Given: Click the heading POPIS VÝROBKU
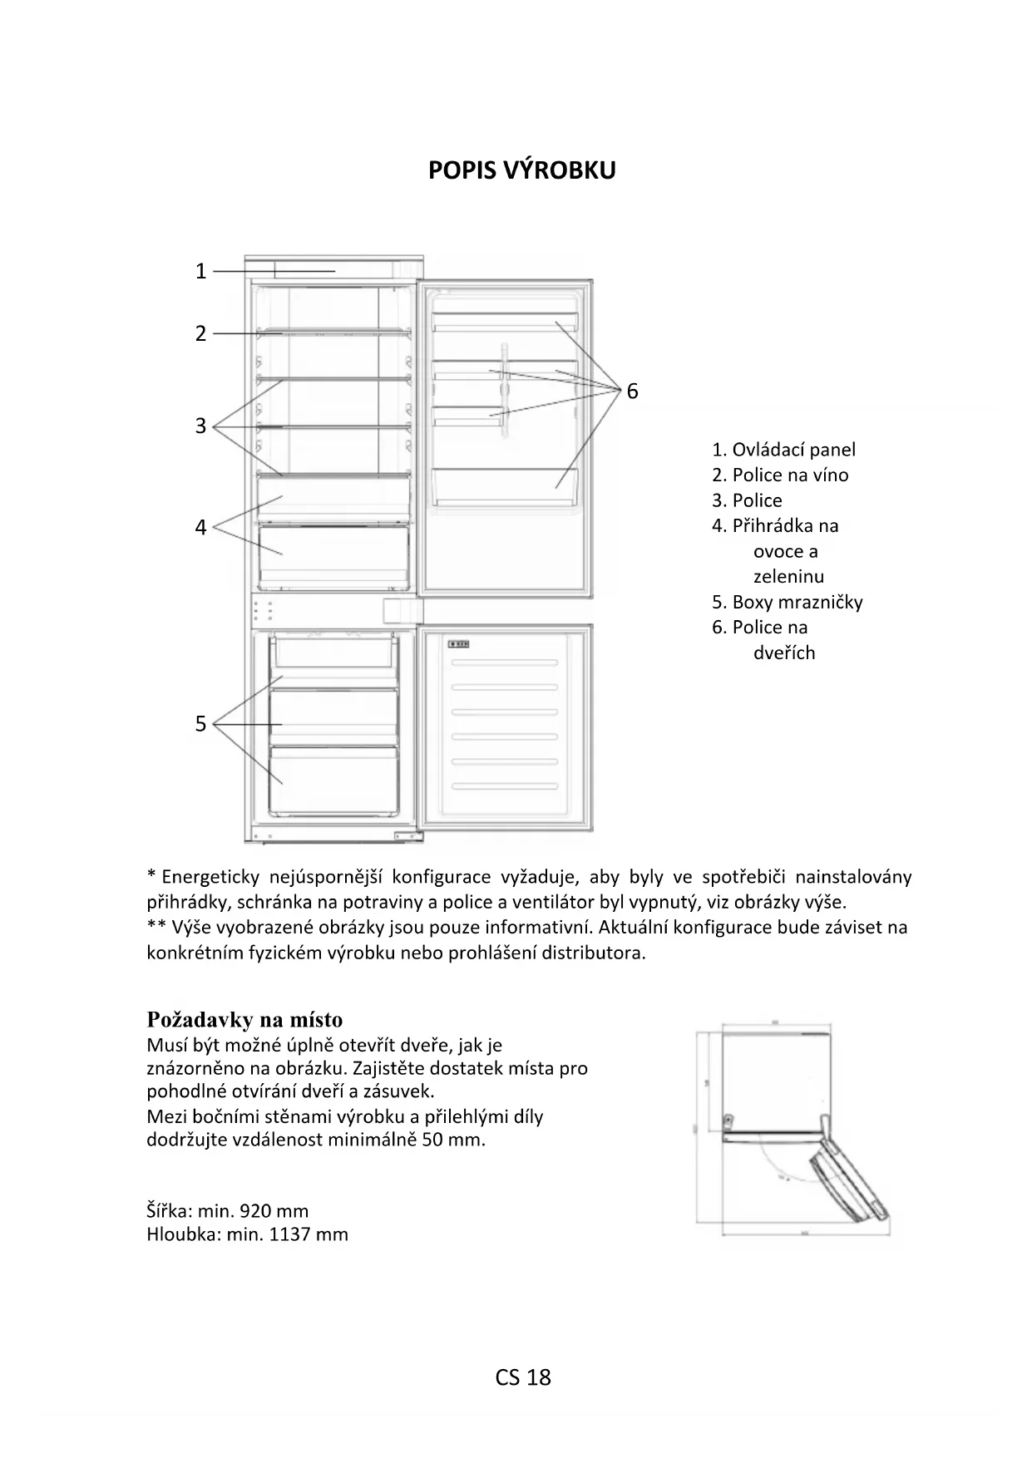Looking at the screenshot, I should [521, 170].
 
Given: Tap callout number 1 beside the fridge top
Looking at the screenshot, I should [200, 271].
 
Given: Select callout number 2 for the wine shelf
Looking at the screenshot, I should [200, 333].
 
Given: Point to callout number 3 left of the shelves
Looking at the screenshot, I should [200, 426].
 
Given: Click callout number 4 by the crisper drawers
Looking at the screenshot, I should [200, 527].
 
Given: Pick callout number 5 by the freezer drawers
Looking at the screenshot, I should [200, 724].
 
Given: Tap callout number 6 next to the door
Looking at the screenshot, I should [632, 392].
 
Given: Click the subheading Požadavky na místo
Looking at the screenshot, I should [244, 1020].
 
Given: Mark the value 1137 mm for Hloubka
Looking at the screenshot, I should [309, 1234].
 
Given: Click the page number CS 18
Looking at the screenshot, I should [523, 1377].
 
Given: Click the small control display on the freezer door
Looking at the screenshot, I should [459, 643].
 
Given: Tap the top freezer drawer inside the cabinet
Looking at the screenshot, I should [333, 651].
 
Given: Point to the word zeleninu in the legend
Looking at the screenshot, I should [788, 576].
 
